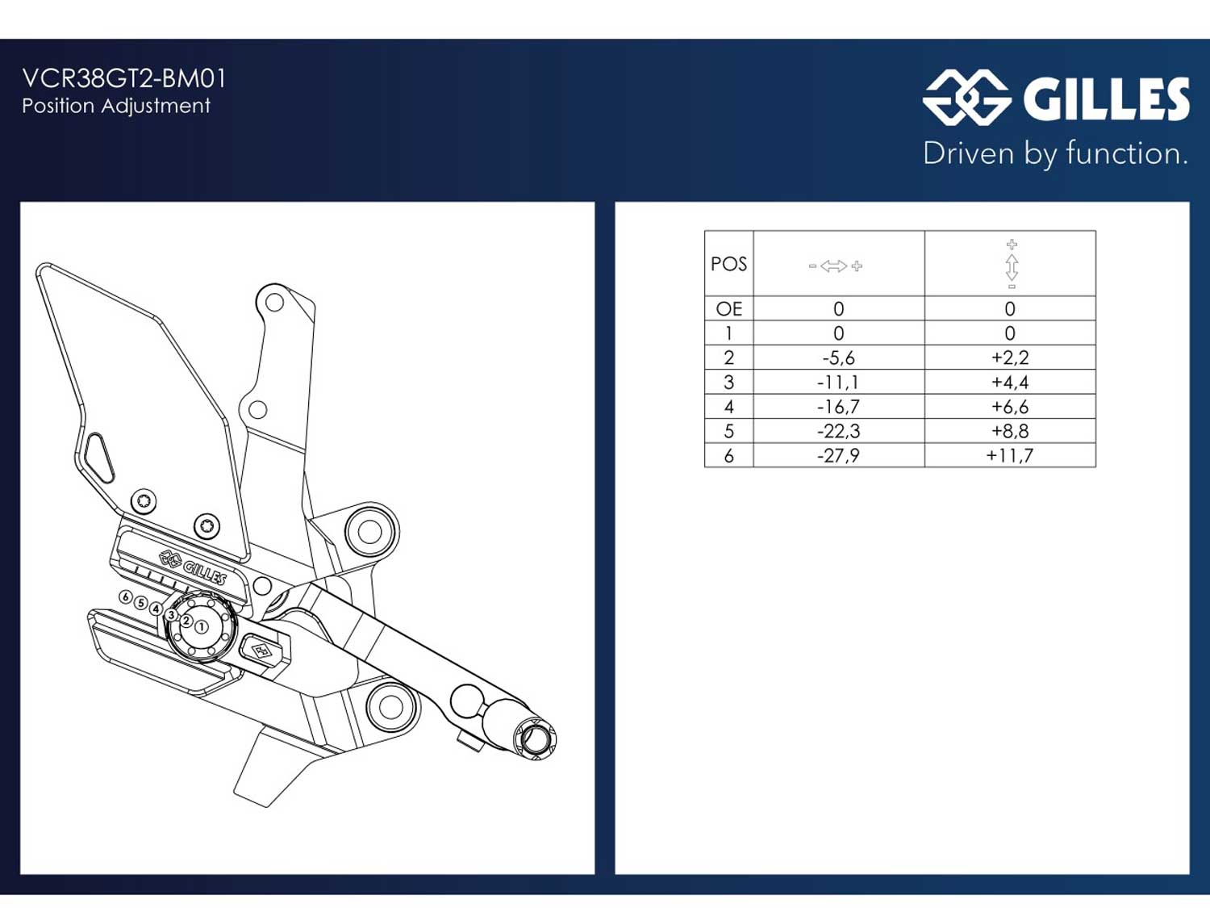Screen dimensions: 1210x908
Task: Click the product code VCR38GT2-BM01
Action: coord(124,78)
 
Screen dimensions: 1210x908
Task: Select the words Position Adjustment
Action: coord(116,106)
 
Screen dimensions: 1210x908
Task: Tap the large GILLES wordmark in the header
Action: coord(1106,98)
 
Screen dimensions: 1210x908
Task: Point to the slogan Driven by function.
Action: coord(1055,153)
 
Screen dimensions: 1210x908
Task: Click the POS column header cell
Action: coord(728,264)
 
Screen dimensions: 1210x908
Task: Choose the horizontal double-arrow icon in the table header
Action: coord(835,266)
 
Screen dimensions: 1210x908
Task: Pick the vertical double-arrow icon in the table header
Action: coord(1012,264)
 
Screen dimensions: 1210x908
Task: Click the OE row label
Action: coord(728,309)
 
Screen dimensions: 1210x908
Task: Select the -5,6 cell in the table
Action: coord(838,358)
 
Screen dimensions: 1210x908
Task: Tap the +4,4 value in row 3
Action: coord(1010,382)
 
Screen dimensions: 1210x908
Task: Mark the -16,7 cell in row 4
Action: coord(838,407)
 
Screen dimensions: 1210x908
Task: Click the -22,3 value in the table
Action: coord(838,431)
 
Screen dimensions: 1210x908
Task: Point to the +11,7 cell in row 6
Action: coord(1010,455)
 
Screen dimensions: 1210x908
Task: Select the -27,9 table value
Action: coord(838,455)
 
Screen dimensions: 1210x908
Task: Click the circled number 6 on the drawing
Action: coord(126,597)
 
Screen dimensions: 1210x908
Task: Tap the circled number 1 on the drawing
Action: coord(202,627)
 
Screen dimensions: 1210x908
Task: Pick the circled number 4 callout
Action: coord(156,609)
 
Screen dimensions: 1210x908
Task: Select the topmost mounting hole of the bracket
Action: coord(274,302)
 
